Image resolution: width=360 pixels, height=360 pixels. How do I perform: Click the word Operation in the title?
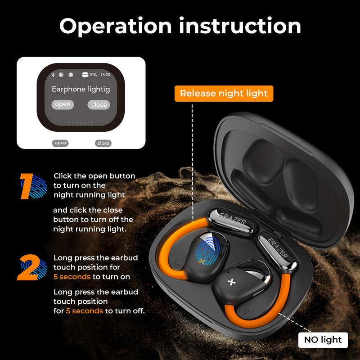(x=116, y=27)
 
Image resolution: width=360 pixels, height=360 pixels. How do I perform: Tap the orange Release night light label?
(x=224, y=94)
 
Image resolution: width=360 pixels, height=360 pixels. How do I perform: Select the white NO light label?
(x=323, y=340)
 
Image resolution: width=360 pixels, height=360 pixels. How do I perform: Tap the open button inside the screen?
(x=63, y=104)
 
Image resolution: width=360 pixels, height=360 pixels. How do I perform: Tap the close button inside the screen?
(x=99, y=105)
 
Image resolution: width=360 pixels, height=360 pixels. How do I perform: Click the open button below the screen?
(x=60, y=143)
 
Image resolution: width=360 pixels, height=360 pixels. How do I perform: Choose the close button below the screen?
(x=103, y=143)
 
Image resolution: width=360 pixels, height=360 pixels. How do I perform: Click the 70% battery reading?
(x=93, y=75)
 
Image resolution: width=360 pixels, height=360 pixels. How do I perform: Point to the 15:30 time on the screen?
(x=105, y=75)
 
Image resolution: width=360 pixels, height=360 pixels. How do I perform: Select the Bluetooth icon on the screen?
(x=53, y=75)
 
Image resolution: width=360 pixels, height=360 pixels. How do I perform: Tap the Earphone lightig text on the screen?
(x=81, y=89)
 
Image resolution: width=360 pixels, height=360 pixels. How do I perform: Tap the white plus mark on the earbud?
(x=231, y=282)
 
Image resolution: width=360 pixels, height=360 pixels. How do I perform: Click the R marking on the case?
(x=246, y=311)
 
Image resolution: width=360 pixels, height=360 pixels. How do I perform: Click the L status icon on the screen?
(x=61, y=75)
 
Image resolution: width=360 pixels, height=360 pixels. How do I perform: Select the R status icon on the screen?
(x=71, y=75)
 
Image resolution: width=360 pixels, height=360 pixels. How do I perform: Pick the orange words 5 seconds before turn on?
(x=72, y=277)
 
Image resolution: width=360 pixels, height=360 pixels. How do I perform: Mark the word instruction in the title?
(x=240, y=26)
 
